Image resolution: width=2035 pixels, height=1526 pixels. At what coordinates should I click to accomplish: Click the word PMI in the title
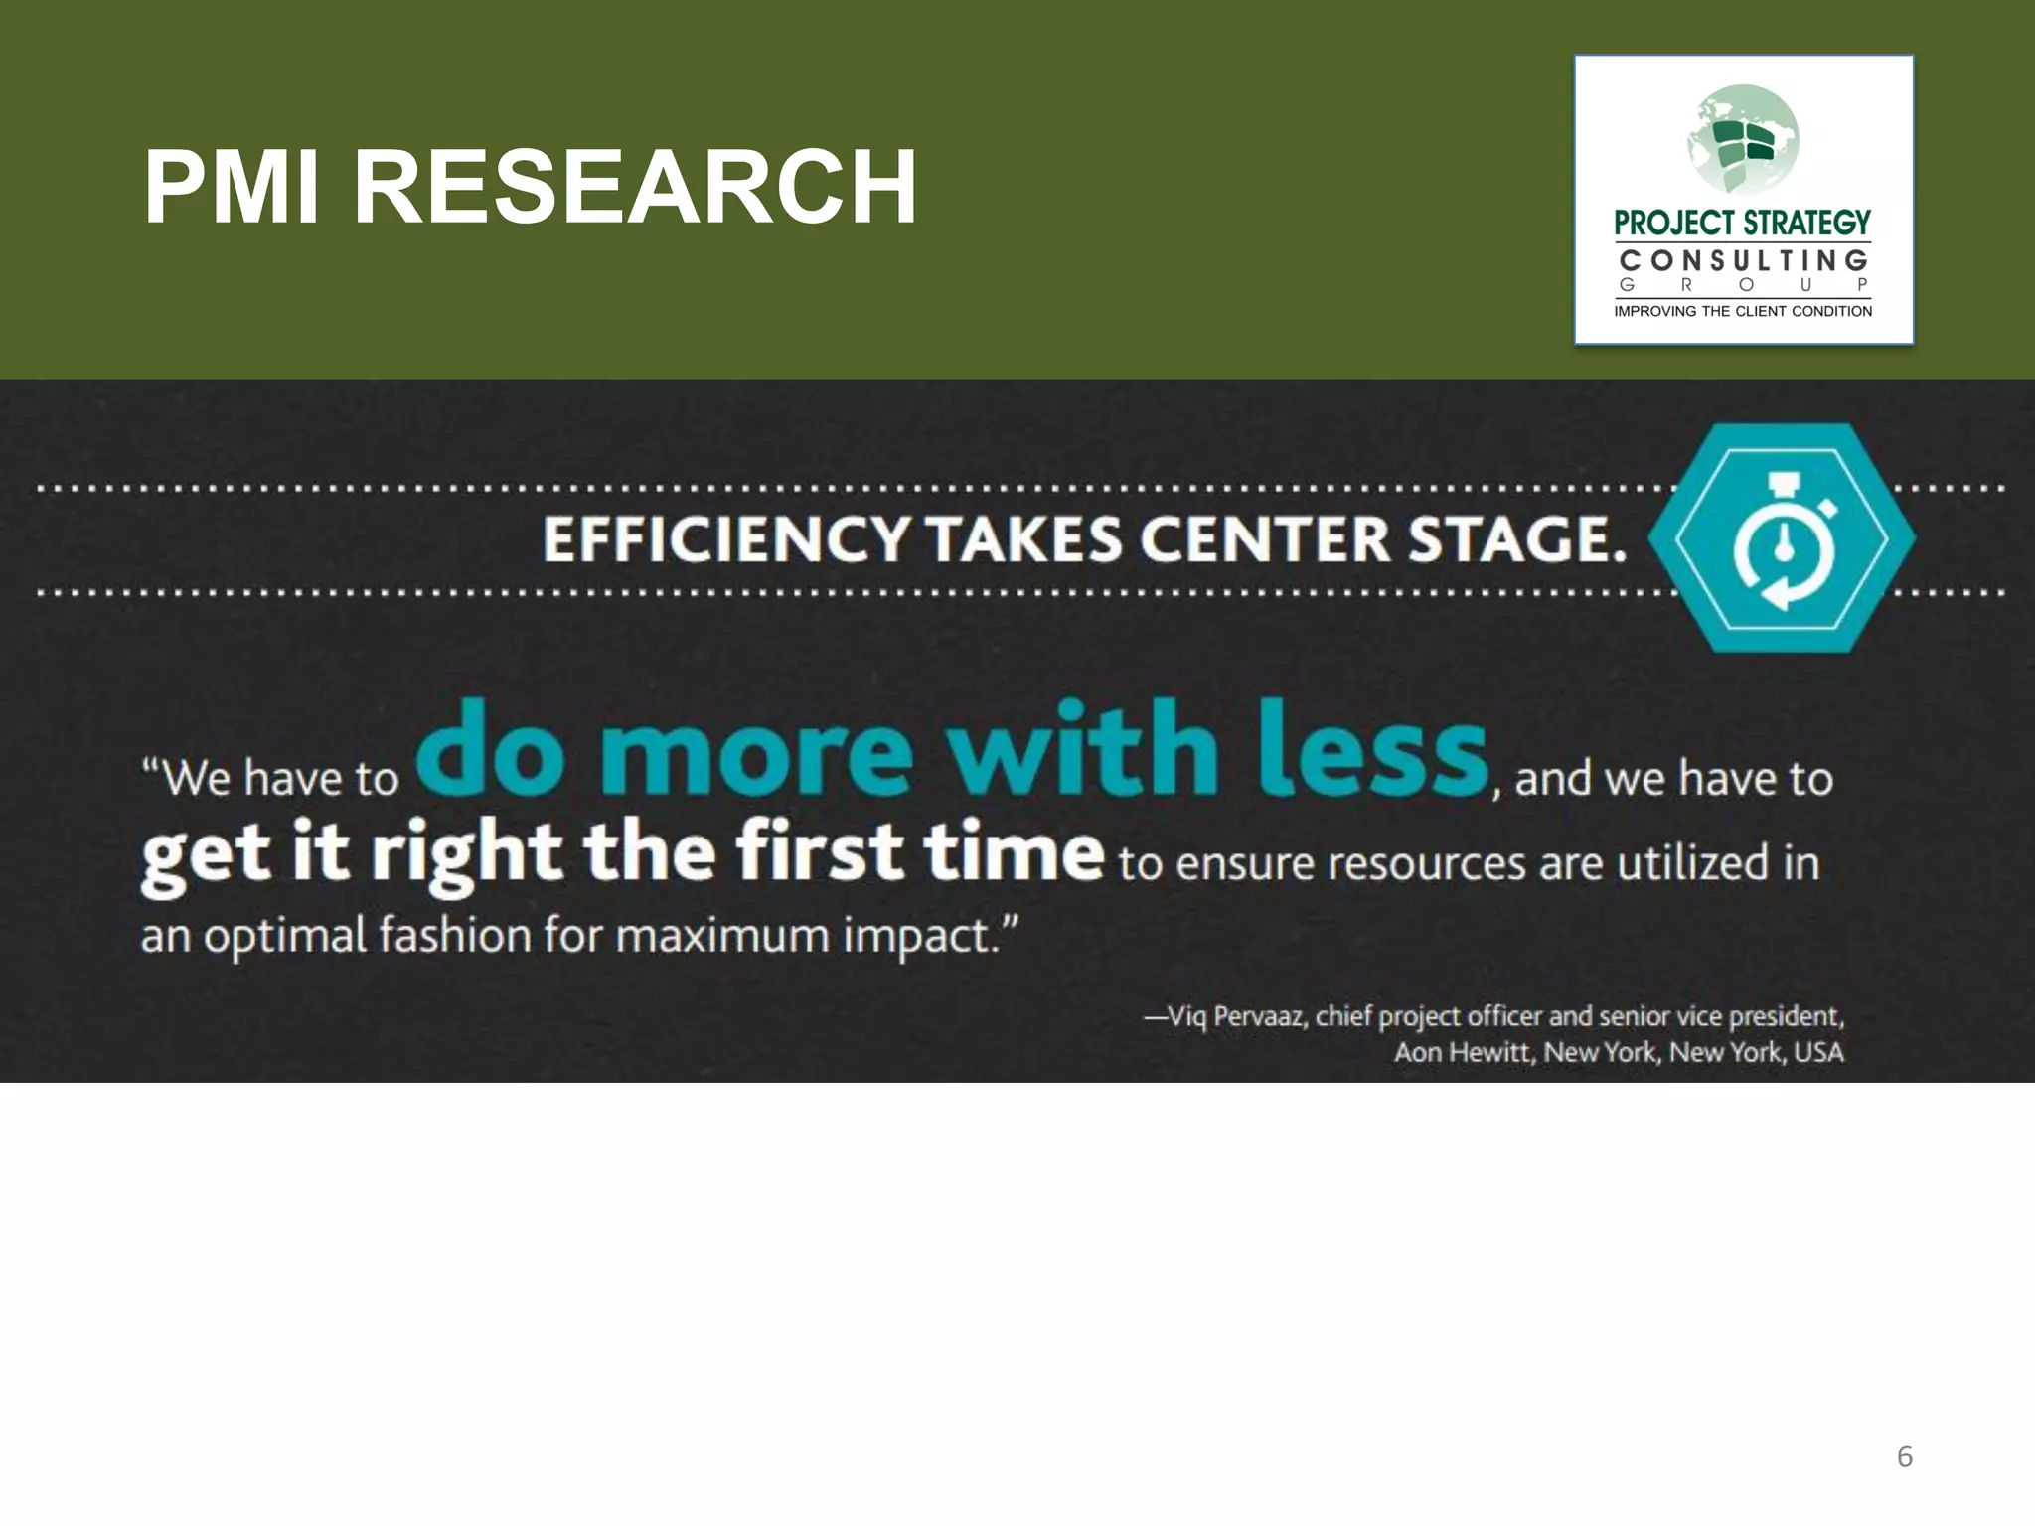(232, 188)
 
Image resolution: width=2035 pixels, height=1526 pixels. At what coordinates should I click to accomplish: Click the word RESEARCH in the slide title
(635, 188)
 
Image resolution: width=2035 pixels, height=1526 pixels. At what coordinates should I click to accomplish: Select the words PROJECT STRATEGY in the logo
(1743, 223)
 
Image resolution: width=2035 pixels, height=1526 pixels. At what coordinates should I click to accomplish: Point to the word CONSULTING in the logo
(1744, 260)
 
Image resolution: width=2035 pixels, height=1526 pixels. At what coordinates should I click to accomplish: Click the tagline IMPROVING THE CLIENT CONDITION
(1743, 311)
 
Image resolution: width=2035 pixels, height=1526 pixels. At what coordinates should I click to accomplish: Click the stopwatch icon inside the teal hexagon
(1783, 539)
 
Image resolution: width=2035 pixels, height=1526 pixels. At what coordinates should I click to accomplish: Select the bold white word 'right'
(466, 854)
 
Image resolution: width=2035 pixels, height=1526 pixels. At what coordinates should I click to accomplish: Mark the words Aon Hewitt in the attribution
(1464, 1052)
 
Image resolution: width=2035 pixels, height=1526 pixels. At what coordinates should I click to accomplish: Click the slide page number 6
(1904, 1456)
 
